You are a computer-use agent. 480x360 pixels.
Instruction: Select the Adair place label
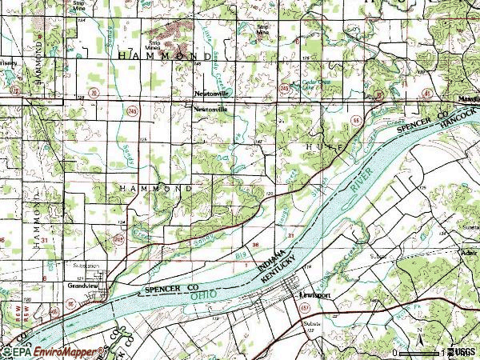468,250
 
